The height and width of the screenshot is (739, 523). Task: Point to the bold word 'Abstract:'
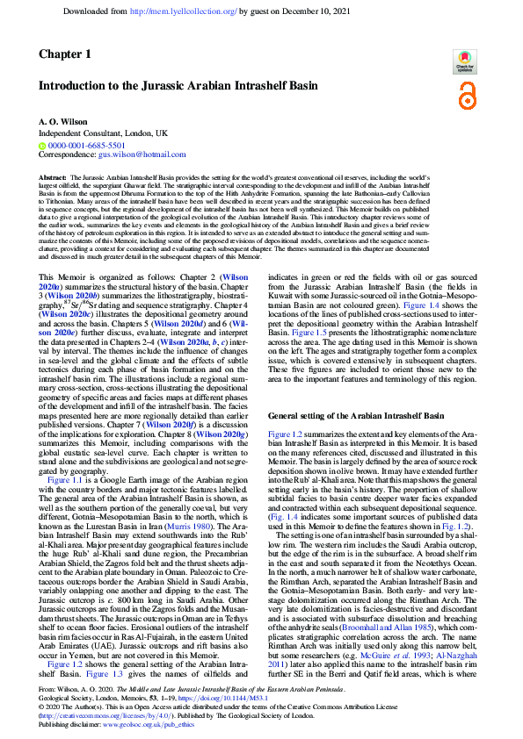click(x=53, y=177)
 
